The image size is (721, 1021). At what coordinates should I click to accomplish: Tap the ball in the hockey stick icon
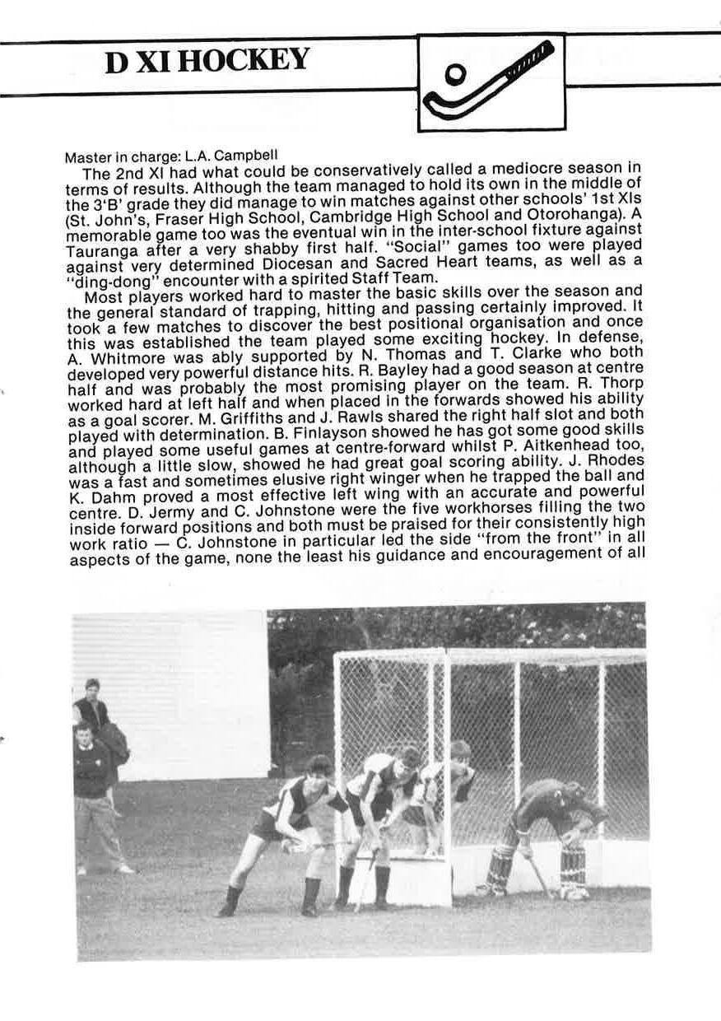[452, 76]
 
